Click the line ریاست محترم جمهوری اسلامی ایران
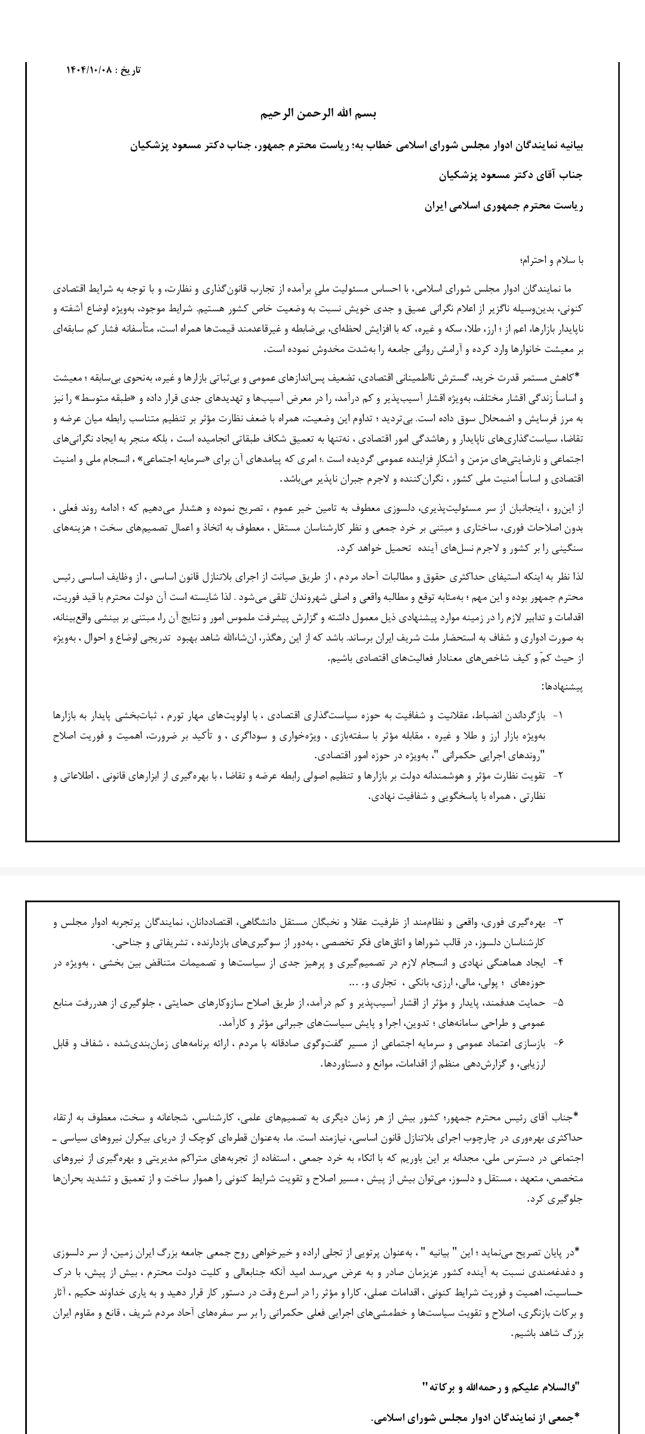[x=503, y=206]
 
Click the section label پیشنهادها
[x=561, y=687]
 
